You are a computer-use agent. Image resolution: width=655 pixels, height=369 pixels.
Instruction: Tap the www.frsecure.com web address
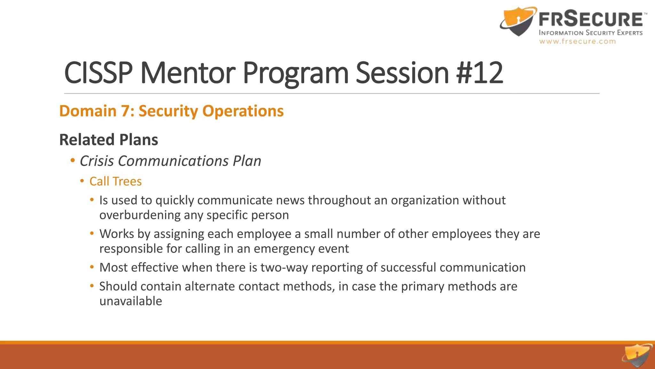pos(577,41)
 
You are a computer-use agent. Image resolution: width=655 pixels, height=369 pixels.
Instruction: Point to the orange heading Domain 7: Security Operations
pos(171,111)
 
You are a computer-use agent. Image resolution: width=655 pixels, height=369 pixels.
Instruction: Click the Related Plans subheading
pos(109,140)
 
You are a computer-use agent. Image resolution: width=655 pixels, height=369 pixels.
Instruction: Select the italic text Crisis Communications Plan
pos(170,161)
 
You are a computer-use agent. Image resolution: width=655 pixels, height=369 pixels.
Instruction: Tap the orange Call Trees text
pos(115,181)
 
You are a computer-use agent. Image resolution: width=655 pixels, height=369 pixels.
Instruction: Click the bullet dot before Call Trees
pos(82,181)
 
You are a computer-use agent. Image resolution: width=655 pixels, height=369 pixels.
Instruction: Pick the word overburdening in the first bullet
pos(140,215)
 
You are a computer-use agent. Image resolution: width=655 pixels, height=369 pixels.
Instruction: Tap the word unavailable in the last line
pos(130,301)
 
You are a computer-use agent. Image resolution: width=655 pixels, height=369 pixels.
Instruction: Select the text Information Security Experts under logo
pos(590,33)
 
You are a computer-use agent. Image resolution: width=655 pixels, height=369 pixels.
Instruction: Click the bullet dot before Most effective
pos(92,267)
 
